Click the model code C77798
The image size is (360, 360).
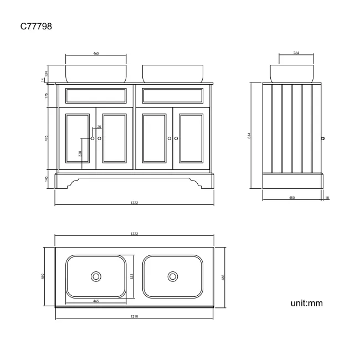point(36,26)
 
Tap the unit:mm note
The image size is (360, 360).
point(306,303)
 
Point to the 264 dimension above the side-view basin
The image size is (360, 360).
point(296,54)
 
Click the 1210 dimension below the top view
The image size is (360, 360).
point(134,316)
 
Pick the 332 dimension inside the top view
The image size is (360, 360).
point(132,275)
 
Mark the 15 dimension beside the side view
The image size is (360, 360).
point(327,198)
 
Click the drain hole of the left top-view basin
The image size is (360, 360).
point(96,276)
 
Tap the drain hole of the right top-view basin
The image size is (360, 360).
point(173,276)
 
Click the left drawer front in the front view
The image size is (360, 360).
point(95,96)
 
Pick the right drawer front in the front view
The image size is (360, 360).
point(172,96)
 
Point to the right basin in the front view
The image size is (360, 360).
point(172,74)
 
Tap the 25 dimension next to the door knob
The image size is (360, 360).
point(99,127)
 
